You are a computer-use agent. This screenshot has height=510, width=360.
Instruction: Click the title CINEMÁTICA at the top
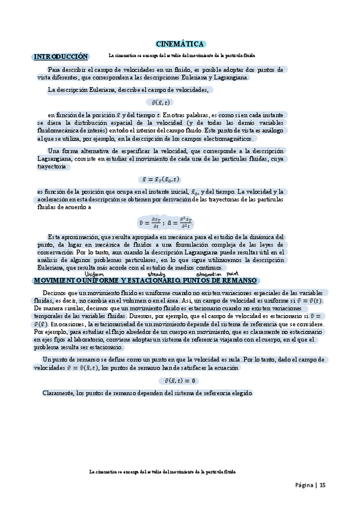tap(180, 44)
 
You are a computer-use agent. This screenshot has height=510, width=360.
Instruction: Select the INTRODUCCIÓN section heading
tap(61, 57)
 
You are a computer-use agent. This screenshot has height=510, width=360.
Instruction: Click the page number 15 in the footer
tap(323, 485)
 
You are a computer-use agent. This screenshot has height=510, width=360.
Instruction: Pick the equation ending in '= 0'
tap(180, 381)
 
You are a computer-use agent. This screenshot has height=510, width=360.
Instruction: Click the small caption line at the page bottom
tap(162, 472)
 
